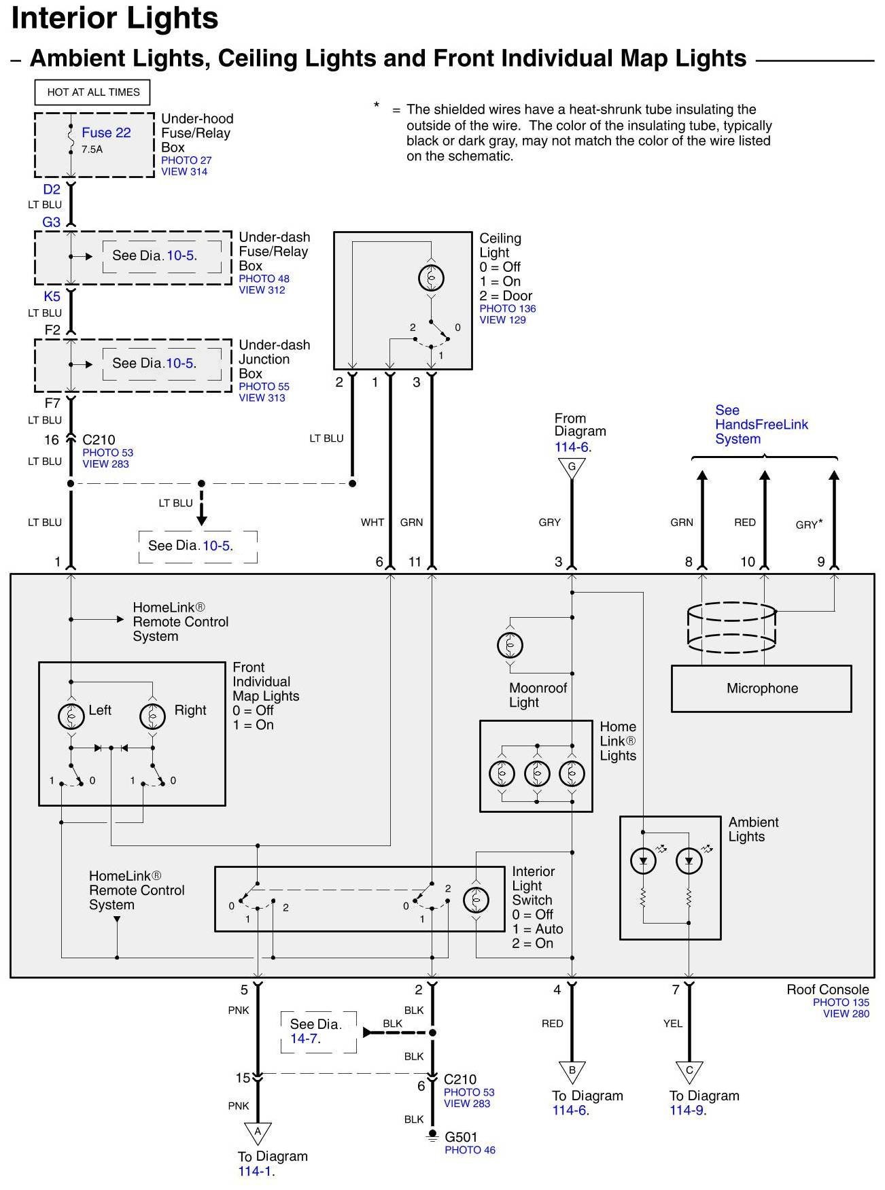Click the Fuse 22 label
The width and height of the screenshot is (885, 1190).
click(106, 133)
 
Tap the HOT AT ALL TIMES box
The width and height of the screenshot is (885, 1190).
click(93, 92)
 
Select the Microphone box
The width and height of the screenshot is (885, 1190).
click(761, 688)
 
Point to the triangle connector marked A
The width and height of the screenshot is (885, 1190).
click(258, 1132)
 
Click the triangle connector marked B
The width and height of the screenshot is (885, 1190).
click(572, 1072)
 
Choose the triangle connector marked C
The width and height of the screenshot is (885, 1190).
click(689, 1072)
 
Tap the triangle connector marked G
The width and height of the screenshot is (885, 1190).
click(572, 468)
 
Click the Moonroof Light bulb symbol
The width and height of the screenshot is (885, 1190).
click(510, 645)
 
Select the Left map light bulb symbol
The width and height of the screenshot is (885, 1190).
click(71, 716)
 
